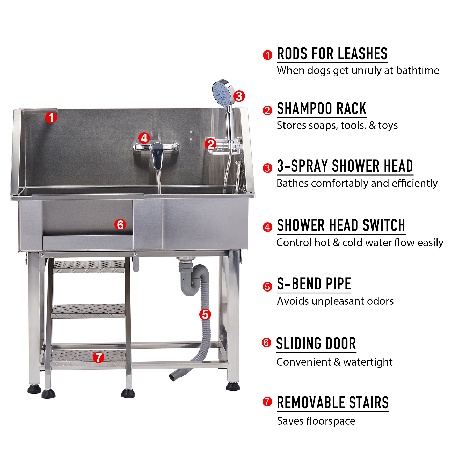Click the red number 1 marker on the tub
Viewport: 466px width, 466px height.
pos(51,118)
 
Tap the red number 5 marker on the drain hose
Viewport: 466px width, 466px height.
pos(205,314)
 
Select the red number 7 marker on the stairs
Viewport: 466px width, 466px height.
pos(98,358)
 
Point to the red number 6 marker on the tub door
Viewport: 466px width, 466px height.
pos(120,225)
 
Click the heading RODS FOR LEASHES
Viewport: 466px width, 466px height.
pos(332,54)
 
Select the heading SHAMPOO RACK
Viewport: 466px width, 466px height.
pos(322,108)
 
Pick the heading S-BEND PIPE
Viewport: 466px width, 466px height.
pos(314,284)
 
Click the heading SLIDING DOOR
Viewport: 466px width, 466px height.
pos(316,344)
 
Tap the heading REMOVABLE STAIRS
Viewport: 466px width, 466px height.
pos(333,403)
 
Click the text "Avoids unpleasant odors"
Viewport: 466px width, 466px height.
pos(335,301)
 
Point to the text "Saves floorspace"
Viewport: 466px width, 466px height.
pos(316,421)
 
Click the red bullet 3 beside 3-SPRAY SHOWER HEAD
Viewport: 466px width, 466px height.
pos(267,168)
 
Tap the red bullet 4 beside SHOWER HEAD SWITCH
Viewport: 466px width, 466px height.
pos(267,227)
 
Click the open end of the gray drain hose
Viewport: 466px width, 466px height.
pos(172,377)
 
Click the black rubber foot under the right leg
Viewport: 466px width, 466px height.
pos(233,386)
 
